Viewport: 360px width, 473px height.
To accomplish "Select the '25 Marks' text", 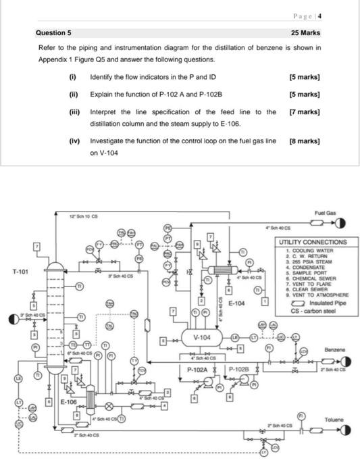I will coord(305,32).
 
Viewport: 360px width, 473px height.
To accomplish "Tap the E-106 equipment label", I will coord(69,401).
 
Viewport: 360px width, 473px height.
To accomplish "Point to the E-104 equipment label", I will coord(237,303).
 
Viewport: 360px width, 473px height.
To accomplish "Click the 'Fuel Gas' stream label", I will coord(325,213).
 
